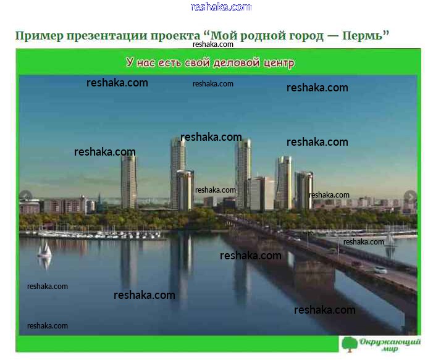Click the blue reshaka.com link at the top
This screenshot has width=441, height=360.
tap(220, 7)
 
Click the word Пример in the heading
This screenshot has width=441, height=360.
tap(40, 36)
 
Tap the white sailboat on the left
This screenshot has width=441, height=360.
tap(44, 249)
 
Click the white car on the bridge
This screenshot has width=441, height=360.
tap(380, 270)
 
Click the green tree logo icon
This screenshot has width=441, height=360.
tap(350, 344)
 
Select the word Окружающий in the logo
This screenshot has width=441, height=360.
tap(390, 342)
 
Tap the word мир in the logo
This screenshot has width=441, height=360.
tap(390, 349)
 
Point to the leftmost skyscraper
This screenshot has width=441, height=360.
tap(129, 182)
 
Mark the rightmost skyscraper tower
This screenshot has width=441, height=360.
tap(304, 190)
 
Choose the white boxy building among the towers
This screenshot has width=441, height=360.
tap(262, 193)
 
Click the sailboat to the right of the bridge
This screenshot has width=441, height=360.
tap(390, 240)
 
